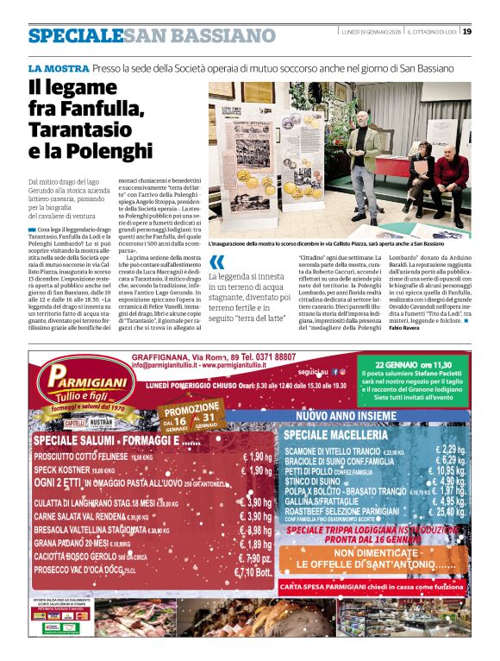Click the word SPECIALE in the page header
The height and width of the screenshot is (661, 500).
74,35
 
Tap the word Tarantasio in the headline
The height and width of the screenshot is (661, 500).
74,129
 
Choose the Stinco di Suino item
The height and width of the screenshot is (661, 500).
311,481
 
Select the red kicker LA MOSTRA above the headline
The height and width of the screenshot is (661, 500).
57,66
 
